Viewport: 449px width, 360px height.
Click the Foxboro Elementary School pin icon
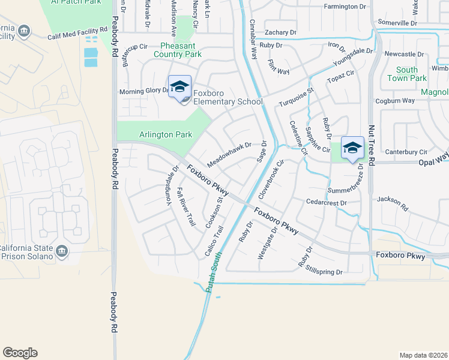[179, 88]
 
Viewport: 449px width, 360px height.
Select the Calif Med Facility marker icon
[24, 31]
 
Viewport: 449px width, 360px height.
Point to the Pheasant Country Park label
[181, 50]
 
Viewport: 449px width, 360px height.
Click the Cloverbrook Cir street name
[271, 180]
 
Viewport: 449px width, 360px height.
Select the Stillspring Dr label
[324, 271]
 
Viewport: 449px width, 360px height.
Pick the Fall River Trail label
[186, 207]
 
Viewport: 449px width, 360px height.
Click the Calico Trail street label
[214, 240]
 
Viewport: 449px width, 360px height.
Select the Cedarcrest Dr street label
[327, 203]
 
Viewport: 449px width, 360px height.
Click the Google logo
[20, 352]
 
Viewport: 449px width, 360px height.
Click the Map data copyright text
[424, 355]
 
